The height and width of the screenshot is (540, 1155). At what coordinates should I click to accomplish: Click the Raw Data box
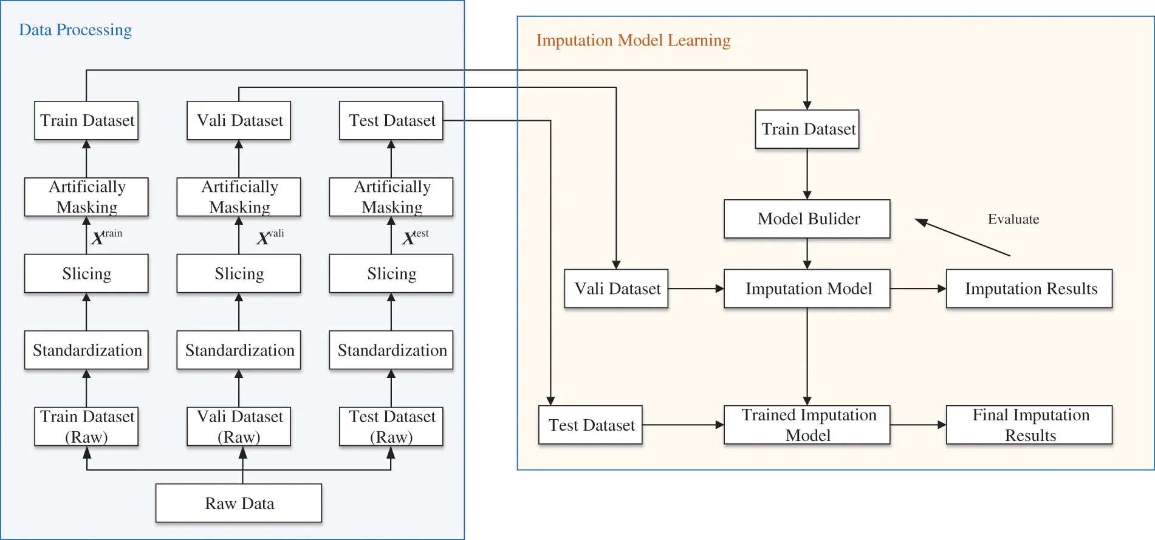pyautogui.click(x=239, y=503)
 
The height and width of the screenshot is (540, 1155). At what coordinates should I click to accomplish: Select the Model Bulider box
pyautogui.click(x=807, y=219)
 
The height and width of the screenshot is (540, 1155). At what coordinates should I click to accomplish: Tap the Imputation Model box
pyautogui.click(x=807, y=289)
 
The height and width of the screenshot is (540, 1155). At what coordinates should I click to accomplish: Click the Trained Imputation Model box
pyautogui.click(x=807, y=425)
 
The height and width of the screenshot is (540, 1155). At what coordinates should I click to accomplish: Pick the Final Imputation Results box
pyautogui.click(x=1029, y=425)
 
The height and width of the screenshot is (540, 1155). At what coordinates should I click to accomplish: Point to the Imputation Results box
pyautogui.click(x=1029, y=289)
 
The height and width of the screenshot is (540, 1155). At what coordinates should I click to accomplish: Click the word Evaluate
pyautogui.click(x=1013, y=219)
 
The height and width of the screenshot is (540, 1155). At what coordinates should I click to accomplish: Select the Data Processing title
pyautogui.click(x=75, y=30)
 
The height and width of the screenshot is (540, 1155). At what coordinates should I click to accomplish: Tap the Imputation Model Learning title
pyautogui.click(x=633, y=40)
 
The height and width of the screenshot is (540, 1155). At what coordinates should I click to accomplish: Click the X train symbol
pyautogui.click(x=106, y=236)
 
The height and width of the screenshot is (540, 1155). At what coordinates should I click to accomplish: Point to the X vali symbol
pyautogui.click(x=270, y=236)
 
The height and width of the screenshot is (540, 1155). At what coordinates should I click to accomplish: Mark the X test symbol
pyautogui.click(x=415, y=236)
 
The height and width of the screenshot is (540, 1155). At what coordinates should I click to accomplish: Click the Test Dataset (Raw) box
pyautogui.click(x=391, y=426)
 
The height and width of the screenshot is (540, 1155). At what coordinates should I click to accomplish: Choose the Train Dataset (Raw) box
pyautogui.click(x=86, y=426)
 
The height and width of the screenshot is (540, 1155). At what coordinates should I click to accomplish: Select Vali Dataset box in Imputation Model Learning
pyautogui.click(x=616, y=289)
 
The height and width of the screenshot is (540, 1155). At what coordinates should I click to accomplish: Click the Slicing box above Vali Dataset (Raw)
pyautogui.click(x=239, y=273)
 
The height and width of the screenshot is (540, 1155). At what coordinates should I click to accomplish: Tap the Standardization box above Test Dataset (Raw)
pyautogui.click(x=391, y=350)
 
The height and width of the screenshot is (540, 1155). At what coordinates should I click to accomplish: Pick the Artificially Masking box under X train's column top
pyautogui.click(x=86, y=197)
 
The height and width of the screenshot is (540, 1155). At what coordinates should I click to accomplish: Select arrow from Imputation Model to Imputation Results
pyautogui.click(x=917, y=289)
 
